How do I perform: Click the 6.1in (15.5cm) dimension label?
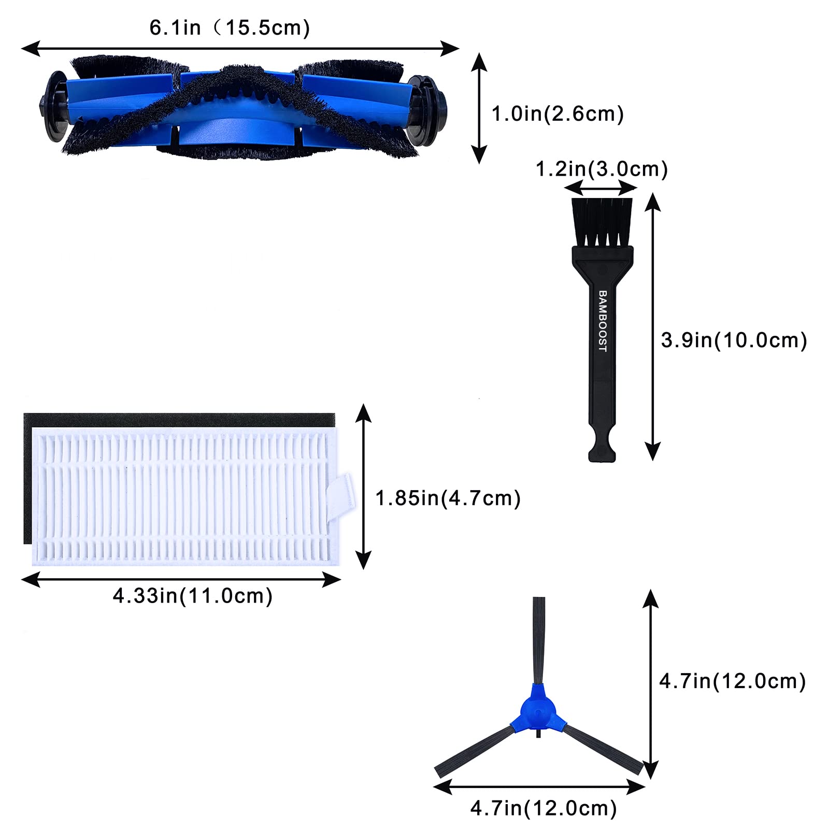click(230, 27)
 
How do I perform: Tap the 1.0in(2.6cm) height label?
click(558, 113)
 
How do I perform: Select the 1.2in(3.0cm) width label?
click(602, 169)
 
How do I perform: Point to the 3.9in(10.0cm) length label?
click(734, 340)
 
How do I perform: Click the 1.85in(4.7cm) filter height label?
click(448, 498)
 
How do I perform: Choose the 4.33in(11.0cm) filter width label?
click(193, 596)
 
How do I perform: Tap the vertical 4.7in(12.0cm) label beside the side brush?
click(733, 681)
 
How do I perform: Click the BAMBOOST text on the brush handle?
click(602, 321)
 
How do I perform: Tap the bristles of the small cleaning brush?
click(602, 222)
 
